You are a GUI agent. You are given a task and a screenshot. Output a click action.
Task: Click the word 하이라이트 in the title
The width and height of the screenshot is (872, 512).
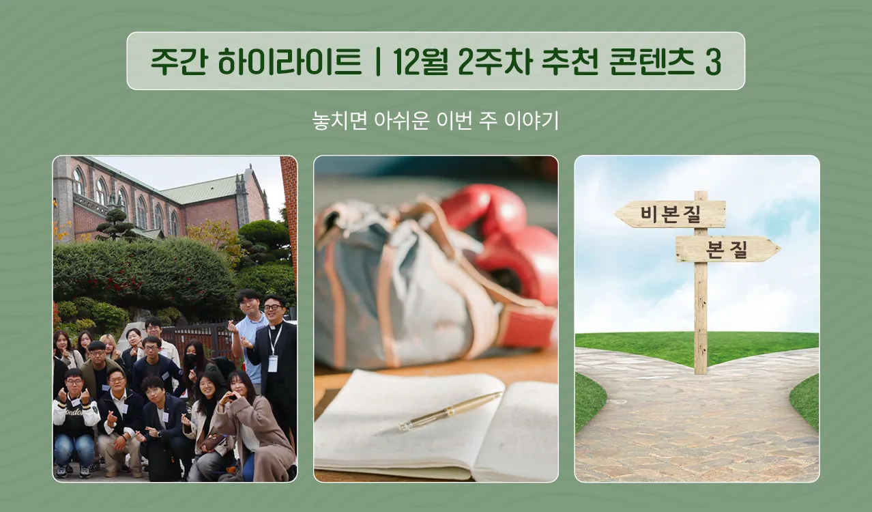pos(289,61)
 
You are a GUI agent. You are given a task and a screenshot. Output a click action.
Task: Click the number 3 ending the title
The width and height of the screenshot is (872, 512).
pos(713,62)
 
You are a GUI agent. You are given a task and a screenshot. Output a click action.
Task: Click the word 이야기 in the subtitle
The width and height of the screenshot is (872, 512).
pos(532,120)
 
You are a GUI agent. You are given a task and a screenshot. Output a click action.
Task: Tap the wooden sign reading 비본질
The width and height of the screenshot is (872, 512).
pos(670,214)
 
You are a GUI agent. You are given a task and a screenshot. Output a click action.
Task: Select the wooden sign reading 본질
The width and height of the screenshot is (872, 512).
pos(728,248)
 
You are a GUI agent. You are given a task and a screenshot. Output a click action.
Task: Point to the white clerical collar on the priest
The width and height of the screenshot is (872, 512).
pos(274,328)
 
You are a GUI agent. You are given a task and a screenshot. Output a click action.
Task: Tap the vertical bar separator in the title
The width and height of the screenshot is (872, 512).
pos(377,61)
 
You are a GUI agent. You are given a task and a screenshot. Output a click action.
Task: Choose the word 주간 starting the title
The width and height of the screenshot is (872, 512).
pos(178,61)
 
